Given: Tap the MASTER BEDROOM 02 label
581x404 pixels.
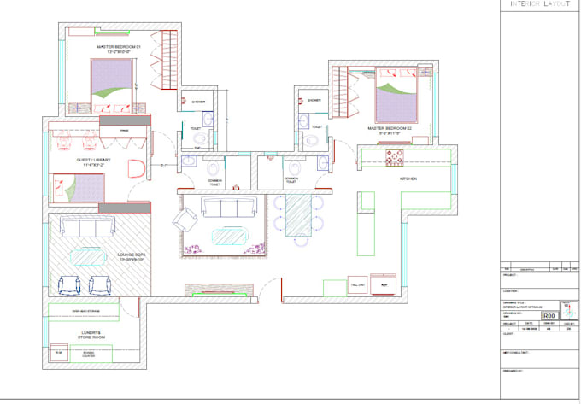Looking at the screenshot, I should coord(390,131).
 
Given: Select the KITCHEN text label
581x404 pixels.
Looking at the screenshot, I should coord(408,179).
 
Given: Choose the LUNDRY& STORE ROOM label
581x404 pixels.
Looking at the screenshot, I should coord(85,336).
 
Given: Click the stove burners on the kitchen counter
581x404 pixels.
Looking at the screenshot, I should coord(394,157).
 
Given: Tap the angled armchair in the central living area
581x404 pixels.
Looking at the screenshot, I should coord(185,222).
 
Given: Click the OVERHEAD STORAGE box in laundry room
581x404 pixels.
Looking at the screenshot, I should coord(83,311).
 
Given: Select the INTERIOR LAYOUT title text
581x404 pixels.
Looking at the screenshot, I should coord(539,5).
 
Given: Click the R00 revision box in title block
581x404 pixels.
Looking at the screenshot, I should coord(536,316).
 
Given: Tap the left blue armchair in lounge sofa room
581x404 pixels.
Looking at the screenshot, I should coord(68,284).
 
